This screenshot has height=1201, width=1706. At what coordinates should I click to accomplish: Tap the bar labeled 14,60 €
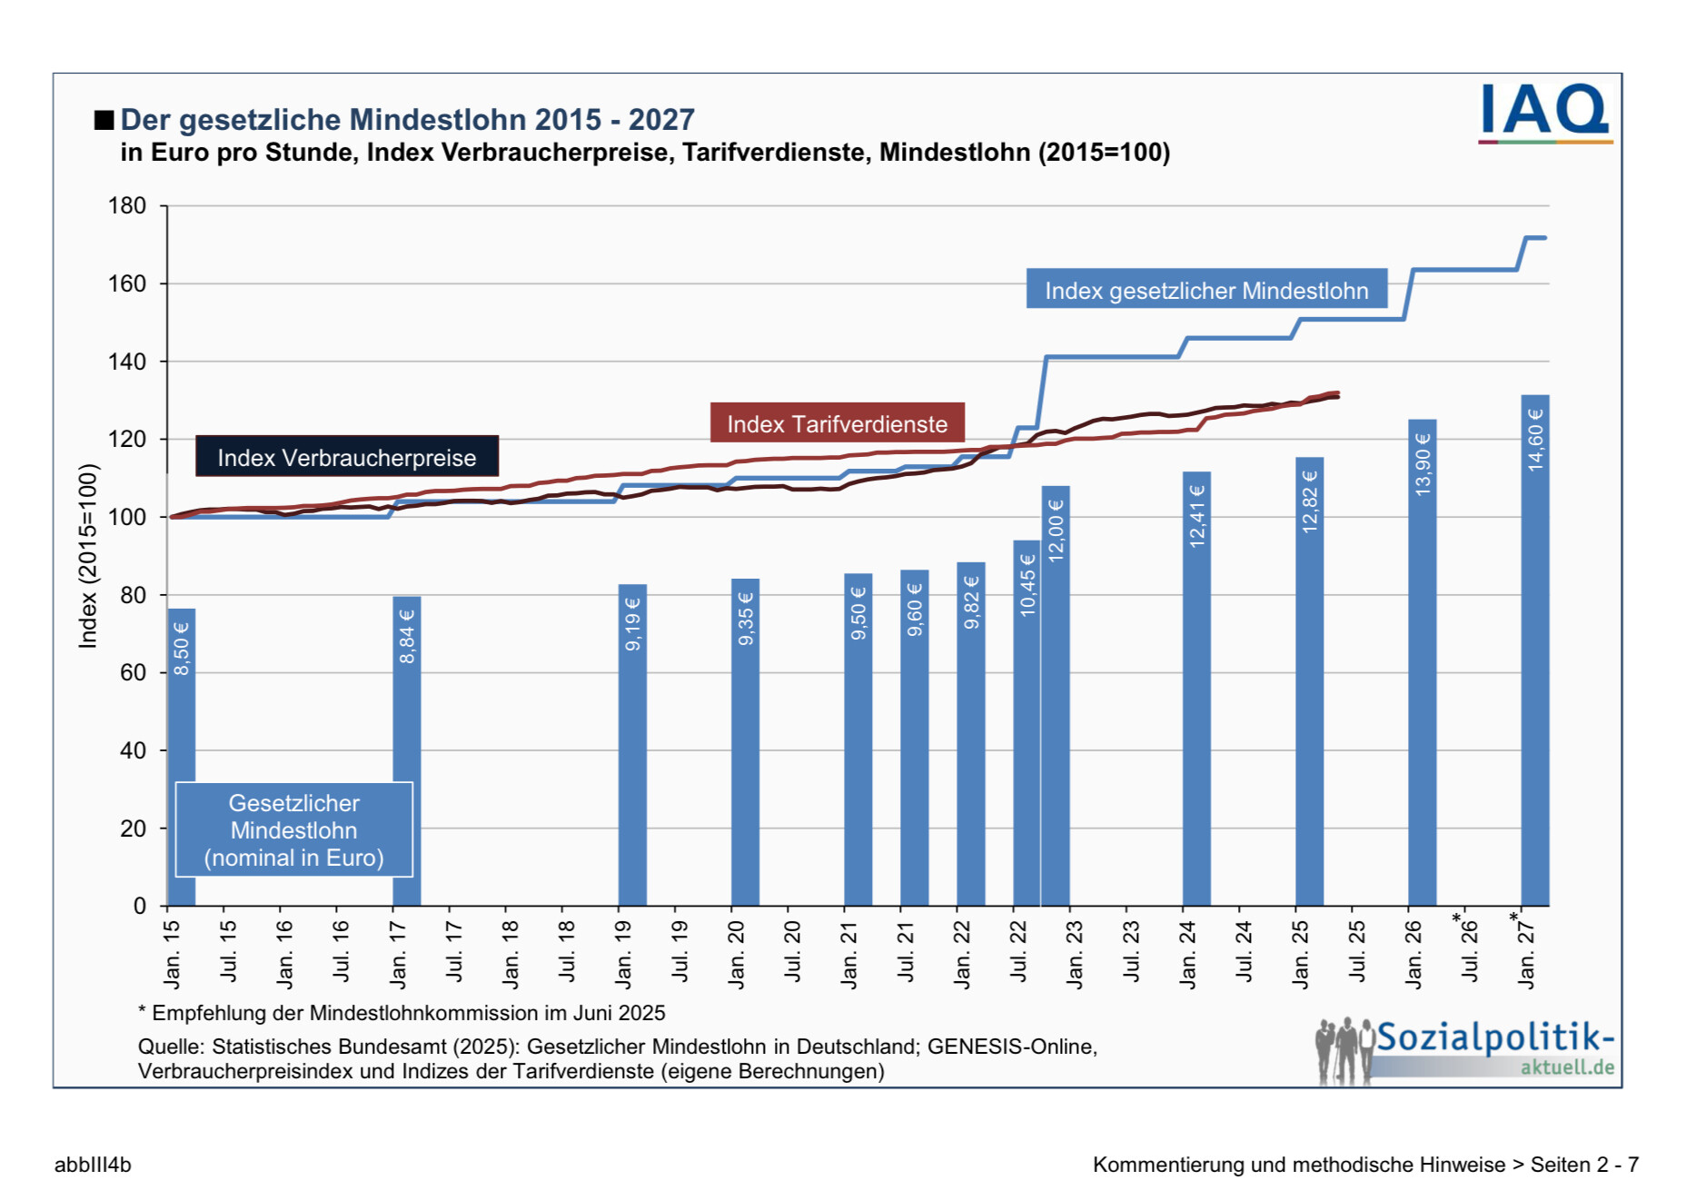click(x=1534, y=654)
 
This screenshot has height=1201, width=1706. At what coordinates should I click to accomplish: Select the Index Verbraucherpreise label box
click(x=347, y=457)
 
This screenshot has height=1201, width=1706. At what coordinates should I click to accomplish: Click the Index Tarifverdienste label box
click(x=837, y=423)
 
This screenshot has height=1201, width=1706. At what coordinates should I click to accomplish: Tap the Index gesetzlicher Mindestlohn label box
click(x=1206, y=290)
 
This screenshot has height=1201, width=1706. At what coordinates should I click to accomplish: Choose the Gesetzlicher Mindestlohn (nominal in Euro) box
click(x=293, y=830)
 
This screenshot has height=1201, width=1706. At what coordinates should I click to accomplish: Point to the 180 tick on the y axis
click(x=127, y=206)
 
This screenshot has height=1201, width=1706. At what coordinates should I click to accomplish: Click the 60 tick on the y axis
click(x=133, y=673)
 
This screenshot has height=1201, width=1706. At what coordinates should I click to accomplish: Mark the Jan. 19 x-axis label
click(x=623, y=954)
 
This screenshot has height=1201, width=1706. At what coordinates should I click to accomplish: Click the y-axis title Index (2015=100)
click(x=88, y=556)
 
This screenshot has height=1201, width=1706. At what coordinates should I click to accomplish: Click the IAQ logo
click(x=1544, y=114)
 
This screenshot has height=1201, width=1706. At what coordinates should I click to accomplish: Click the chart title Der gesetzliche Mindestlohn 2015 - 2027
click(x=407, y=120)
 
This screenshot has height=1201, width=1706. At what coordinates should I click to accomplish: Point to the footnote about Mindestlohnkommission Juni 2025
click(x=402, y=1013)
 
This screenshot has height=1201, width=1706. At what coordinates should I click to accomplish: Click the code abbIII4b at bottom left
click(x=93, y=1165)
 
